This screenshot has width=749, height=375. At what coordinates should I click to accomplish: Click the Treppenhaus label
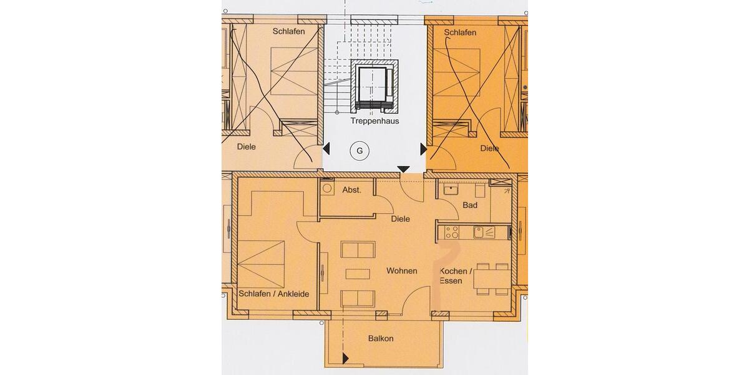coord(374,121)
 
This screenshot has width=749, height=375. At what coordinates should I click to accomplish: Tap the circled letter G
coord(359,150)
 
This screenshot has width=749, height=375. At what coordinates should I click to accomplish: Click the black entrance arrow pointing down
coord(404,169)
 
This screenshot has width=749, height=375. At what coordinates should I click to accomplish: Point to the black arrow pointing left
coord(326,149)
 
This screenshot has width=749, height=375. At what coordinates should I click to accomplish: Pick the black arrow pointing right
coord(423,149)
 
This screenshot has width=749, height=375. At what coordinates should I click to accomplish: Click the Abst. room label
coord(351,190)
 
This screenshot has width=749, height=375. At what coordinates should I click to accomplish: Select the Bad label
coord(470,205)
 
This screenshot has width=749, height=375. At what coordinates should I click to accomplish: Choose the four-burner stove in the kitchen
coord(451,232)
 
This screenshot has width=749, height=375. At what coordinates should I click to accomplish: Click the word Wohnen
coord(401,271)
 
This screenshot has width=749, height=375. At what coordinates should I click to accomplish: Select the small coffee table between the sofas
coord(357,274)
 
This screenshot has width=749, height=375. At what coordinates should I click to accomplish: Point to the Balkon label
coord(381,339)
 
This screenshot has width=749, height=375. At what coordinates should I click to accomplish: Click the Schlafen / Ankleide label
coord(274,294)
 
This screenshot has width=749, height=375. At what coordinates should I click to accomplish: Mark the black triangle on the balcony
coord(345,358)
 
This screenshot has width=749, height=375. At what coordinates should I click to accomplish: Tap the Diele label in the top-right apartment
coord(489,149)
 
